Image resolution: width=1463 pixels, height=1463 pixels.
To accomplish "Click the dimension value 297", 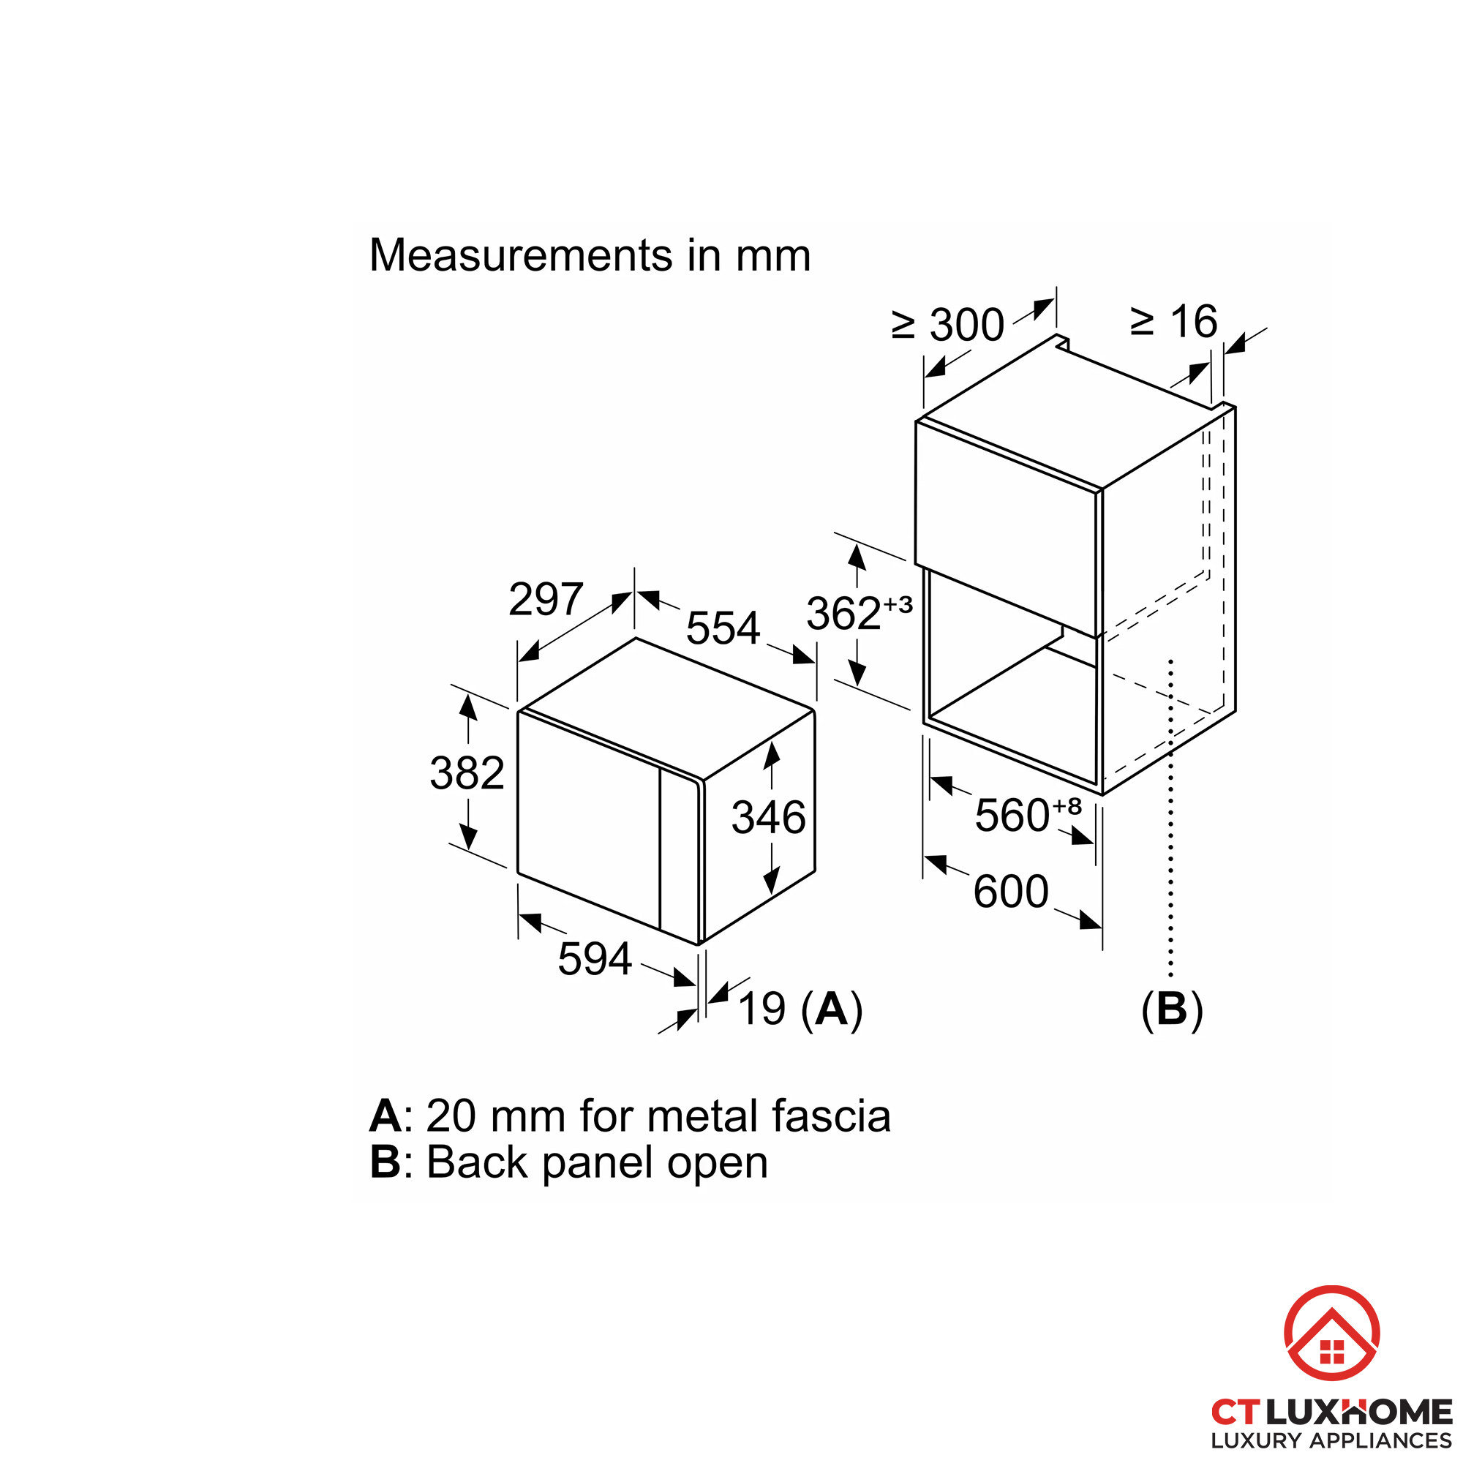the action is pos(545,599).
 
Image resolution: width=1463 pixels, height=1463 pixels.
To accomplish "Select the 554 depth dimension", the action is pos(723,628).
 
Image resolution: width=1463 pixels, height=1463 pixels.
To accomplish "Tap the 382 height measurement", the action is pos(467,773).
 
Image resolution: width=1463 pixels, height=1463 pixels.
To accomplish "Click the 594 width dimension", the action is pos(595,959).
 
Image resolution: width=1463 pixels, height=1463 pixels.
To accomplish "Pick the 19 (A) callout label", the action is pos(800,1009).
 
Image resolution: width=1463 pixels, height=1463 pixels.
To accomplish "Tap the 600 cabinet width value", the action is pos(1011,891).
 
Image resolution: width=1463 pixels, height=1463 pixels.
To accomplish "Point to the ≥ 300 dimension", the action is pos(948,325).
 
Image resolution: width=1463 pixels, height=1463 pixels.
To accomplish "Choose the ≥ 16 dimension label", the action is pos(1174,322).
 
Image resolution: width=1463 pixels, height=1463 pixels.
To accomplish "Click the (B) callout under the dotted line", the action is pos(1172,1010).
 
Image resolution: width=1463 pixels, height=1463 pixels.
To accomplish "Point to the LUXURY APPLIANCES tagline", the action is pos(1332,1440).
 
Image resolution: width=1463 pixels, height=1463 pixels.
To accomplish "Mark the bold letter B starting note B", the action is pos(386,1162).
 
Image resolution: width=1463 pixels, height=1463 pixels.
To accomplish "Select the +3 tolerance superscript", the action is pos(898,604).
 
